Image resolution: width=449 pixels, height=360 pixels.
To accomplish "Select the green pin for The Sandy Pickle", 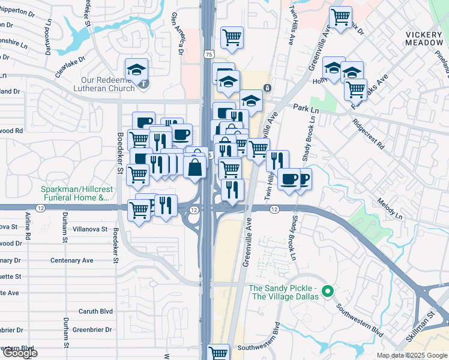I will click(327, 292).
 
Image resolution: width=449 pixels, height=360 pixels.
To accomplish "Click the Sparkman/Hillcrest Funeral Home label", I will click(76, 193).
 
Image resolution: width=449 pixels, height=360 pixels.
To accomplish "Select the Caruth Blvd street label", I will click(96, 311).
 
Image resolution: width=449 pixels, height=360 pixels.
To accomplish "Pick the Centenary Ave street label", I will click(72, 260).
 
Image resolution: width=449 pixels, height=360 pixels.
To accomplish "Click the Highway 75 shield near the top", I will click(208, 54).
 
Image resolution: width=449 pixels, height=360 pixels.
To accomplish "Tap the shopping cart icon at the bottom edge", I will click(218, 353).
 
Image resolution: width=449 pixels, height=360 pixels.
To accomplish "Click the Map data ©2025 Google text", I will click(411, 355).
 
